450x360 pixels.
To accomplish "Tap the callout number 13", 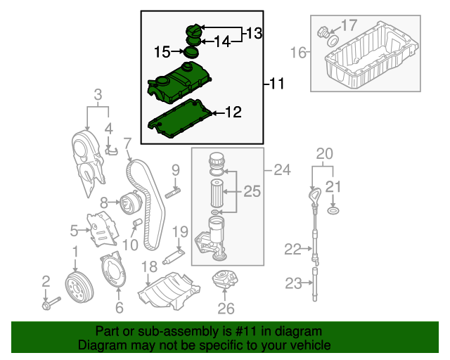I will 254,33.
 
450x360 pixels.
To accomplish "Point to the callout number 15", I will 162,51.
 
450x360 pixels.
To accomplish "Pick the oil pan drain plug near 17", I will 324,32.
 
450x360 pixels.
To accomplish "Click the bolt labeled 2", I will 51,304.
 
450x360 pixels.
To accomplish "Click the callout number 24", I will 281,169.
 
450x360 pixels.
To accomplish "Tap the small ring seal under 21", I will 335,210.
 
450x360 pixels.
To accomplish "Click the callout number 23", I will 293,283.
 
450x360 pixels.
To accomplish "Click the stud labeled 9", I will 174,191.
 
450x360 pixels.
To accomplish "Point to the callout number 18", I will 149,266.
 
